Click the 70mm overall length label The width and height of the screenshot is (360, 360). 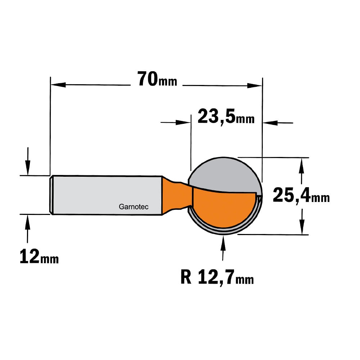(x=157, y=79)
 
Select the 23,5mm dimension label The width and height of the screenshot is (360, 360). (x=226, y=117)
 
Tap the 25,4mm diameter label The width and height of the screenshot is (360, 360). (x=301, y=195)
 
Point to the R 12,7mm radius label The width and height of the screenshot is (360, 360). (x=217, y=277)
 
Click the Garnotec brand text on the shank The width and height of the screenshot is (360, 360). (x=134, y=207)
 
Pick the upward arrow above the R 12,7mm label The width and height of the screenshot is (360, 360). (x=223, y=248)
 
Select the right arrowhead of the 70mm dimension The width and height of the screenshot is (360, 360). (x=255, y=86)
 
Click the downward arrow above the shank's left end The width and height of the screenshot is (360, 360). (x=28, y=161)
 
